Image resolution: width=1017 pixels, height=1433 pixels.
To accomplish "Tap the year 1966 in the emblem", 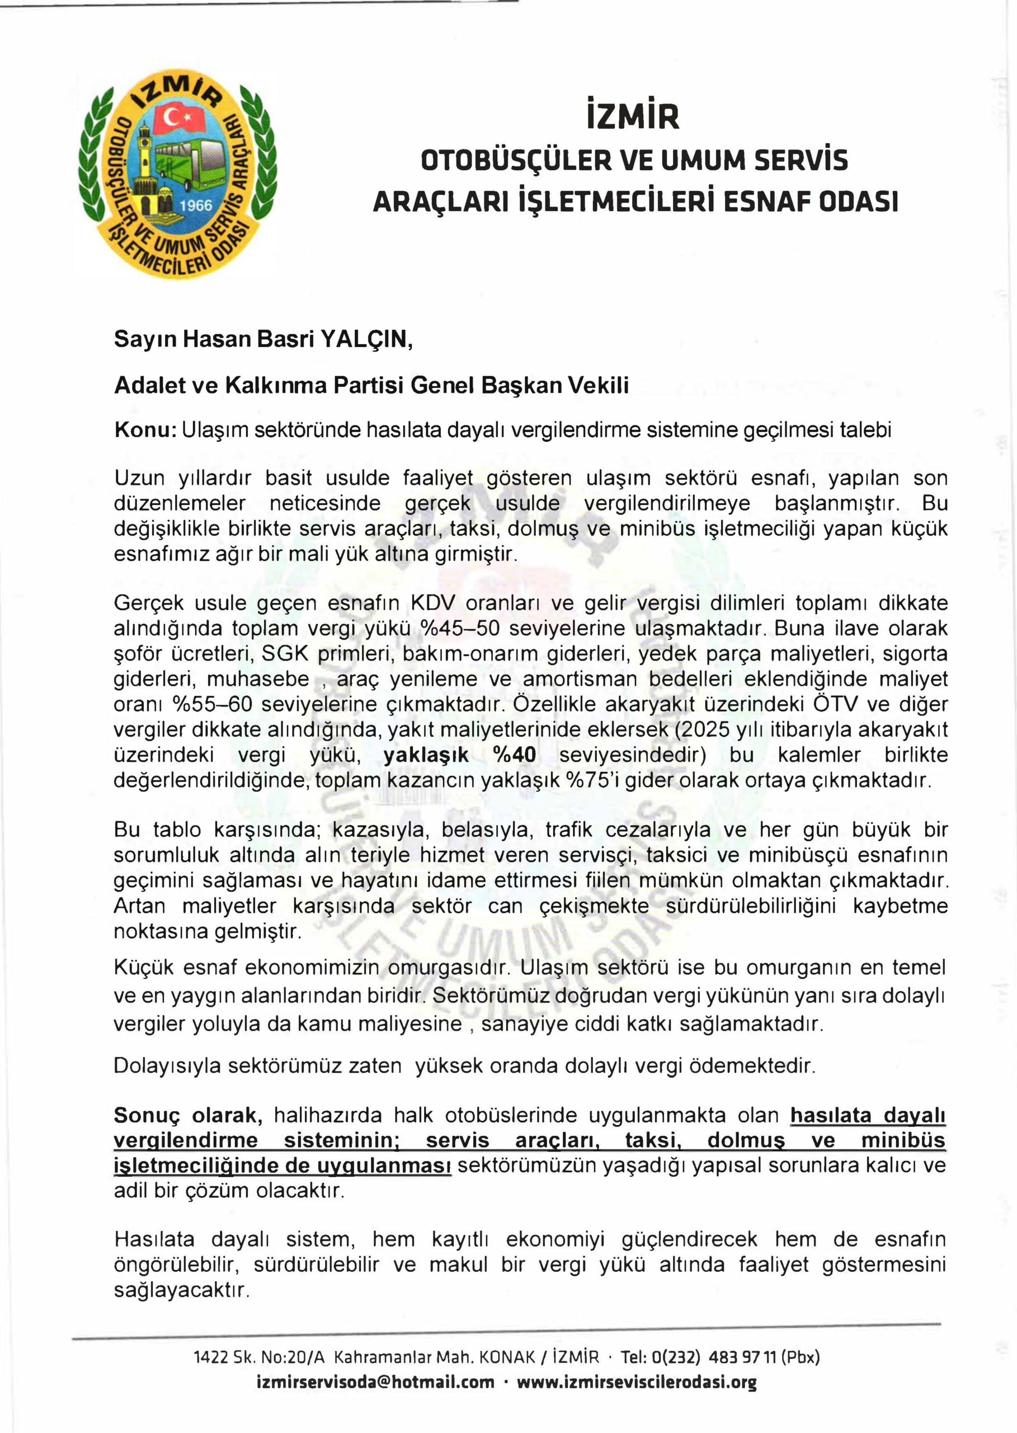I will [x=196, y=206].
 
